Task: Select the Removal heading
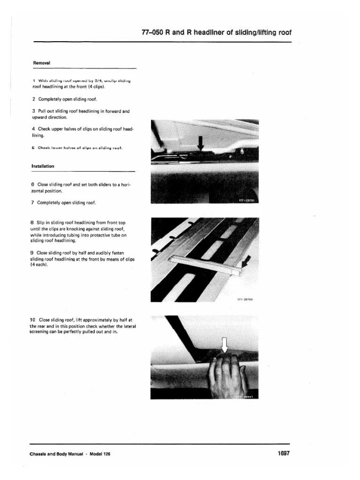42,62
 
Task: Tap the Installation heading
43,166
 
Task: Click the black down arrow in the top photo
201,142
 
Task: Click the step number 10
32,320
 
